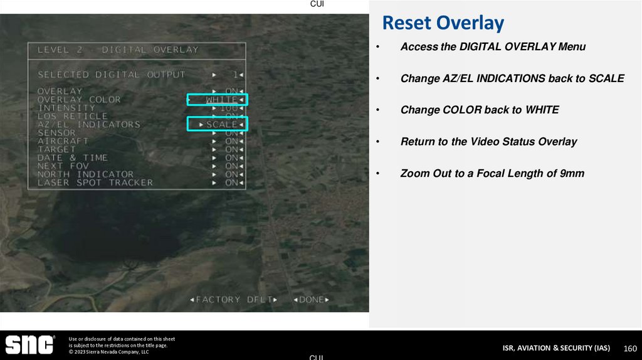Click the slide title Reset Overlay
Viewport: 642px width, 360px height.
pyautogui.click(x=443, y=23)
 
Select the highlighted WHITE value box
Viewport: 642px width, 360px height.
pyautogui.click(x=218, y=100)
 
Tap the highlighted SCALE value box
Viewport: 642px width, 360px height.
pyautogui.click(x=218, y=124)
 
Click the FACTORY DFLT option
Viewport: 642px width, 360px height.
pyautogui.click(x=233, y=300)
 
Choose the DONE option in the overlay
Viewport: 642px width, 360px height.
pyautogui.click(x=311, y=300)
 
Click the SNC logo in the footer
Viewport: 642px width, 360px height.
pyautogui.click(x=29, y=344)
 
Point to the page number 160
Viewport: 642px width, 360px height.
pyautogui.click(x=630, y=348)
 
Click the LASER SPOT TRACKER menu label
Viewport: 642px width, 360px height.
pyautogui.click(x=95, y=183)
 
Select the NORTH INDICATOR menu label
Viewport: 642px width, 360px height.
pyautogui.click(x=85, y=174)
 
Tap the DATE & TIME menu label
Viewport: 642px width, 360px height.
pyautogui.click(x=72, y=157)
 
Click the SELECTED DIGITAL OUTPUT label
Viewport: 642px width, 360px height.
pyautogui.click(x=111, y=75)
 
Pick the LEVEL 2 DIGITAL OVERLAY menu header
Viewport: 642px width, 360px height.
pyautogui.click(x=118, y=50)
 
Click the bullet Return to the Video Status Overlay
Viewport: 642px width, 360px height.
pyautogui.click(x=488, y=142)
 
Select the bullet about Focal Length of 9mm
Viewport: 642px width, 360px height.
pyautogui.click(x=492, y=173)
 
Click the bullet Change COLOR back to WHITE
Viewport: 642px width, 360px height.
pyautogui.click(x=479, y=110)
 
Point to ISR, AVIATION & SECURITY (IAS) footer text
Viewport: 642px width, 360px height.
pyautogui.click(x=555, y=348)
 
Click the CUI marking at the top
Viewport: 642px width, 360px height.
pyautogui.click(x=317, y=4)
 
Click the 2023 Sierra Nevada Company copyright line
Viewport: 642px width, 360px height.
pyautogui.click(x=108, y=352)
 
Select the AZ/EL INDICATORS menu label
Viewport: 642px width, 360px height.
pyautogui.click(x=88, y=124)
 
